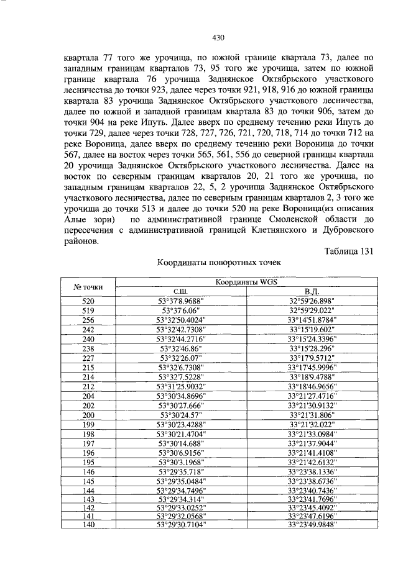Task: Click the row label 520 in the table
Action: pos(88,300)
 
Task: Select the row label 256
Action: pos(88,319)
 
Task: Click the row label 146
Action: pos(88,471)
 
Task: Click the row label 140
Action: pos(88,524)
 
